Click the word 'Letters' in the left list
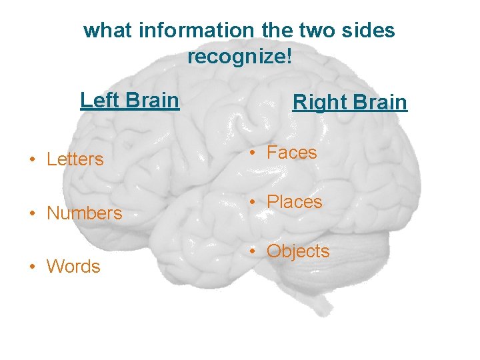(x=75, y=159)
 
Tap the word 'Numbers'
(x=84, y=213)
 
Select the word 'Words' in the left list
(x=73, y=267)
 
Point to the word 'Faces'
(x=291, y=153)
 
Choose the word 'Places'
(x=294, y=202)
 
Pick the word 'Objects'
(x=298, y=251)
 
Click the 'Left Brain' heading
(x=129, y=100)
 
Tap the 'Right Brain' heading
(x=349, y=103)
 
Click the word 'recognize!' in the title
(x=239, y=57)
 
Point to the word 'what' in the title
(x=103, y=31)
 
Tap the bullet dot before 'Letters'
(x=32, y=160)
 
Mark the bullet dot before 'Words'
(x=32, y=267)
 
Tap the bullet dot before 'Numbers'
(x=32, y=214)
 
